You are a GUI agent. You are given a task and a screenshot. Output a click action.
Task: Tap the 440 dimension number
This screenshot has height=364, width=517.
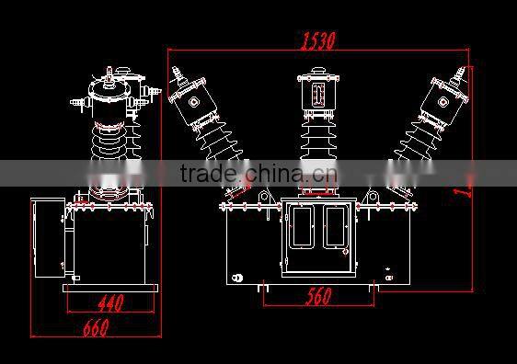tap(110, 301)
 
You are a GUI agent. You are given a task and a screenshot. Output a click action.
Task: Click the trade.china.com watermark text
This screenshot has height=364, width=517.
tap(258, 174)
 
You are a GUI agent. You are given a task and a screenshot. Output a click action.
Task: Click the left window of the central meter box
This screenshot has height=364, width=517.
tap(301, 227)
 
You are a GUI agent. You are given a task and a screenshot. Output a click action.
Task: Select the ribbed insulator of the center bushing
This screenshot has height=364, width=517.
tap(315, 142)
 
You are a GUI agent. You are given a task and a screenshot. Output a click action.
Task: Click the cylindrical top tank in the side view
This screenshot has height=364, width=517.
tap(110, 101)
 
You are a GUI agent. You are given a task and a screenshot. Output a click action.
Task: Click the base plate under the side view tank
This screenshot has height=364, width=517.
tap(111, 286)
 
